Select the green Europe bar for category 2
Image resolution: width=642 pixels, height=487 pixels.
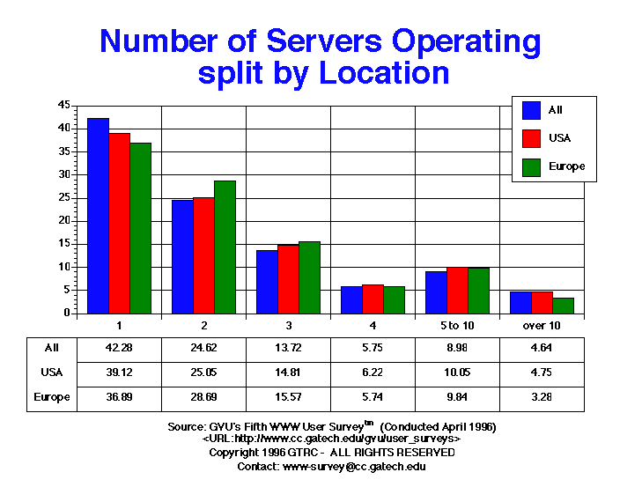click(225, 247)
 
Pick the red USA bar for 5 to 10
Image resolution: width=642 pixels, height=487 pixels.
click(457, 290)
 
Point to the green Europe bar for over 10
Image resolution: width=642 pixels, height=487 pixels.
click(563, 305)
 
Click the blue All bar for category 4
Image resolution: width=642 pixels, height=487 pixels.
click(351, 299)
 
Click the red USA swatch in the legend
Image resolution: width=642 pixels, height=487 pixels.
click(531, 137)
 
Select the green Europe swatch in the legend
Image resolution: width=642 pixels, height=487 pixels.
click(531, 166)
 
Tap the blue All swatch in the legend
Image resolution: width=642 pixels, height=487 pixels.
click(531, 110)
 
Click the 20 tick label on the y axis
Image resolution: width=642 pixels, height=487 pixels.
click(64, 220)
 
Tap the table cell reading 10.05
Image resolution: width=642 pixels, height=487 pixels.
click(457, 373)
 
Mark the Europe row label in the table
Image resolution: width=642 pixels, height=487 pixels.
click(51, 397)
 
